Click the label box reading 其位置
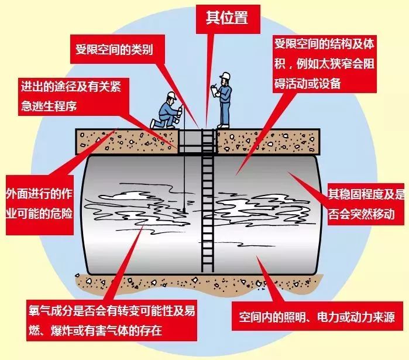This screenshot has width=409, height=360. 227,18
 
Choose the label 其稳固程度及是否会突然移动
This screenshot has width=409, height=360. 365,203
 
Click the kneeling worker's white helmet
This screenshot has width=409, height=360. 171,95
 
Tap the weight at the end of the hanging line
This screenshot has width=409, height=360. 183,208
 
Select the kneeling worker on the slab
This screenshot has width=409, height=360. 170,111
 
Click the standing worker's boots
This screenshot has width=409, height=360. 223,124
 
